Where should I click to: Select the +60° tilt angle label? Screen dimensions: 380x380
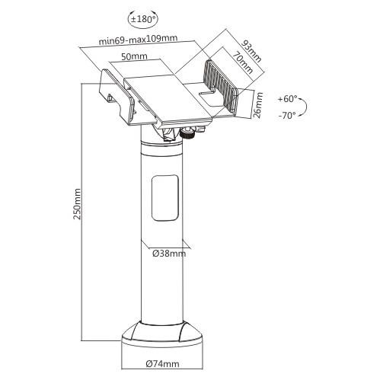click(x=289, y=99)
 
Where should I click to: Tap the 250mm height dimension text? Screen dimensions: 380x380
click(x=76, y=203)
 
